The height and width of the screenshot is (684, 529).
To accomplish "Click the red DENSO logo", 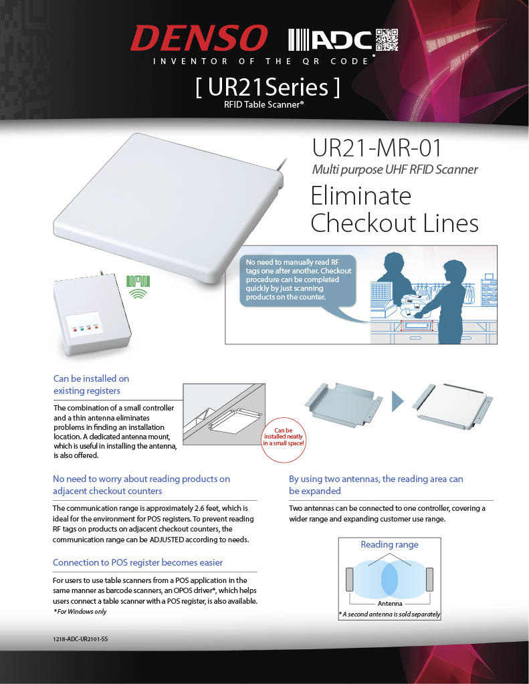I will point(199,39).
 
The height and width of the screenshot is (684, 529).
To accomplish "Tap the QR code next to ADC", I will point(386,39).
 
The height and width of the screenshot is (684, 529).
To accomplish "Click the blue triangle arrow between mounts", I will point(399,403).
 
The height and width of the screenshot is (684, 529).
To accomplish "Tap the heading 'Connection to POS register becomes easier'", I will point(138,562).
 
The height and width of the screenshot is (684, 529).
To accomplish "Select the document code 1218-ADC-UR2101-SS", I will point(80,640).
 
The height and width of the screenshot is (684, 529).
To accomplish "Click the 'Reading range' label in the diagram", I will point(389,544).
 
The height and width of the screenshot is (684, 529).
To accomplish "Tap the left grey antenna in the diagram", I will point(349,579).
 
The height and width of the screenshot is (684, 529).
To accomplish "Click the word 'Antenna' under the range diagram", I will point(389,603).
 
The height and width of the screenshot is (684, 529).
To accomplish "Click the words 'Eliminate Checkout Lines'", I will point(395,209).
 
